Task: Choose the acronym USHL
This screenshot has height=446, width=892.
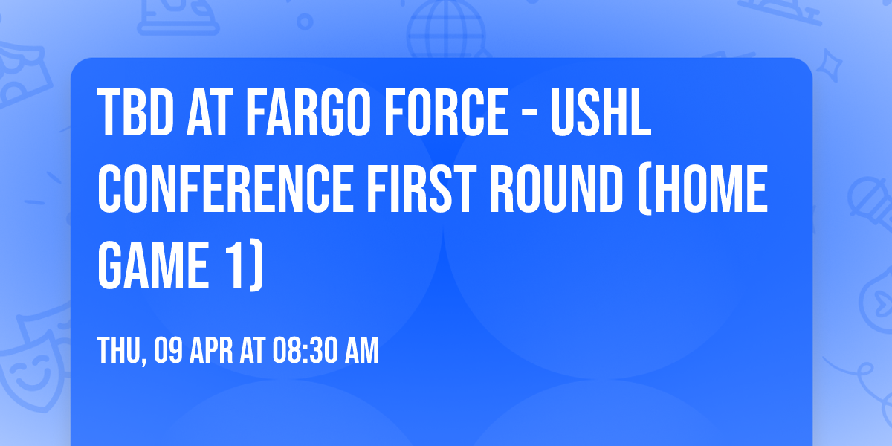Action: tap(601, 114)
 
